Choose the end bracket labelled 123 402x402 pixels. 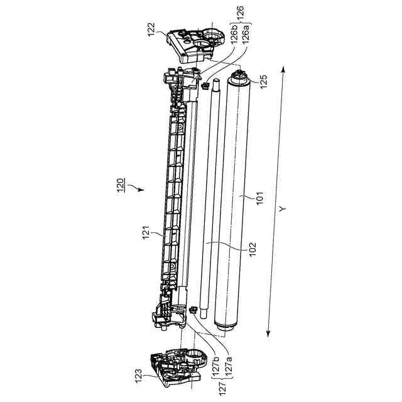[177, 367]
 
